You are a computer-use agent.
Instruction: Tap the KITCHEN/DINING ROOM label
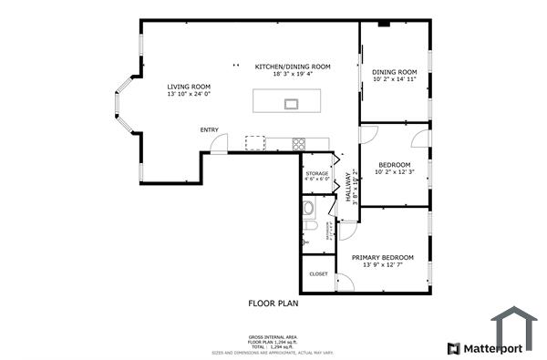click(x=292, y=67)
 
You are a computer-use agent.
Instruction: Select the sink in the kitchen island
click(x=291, y=103)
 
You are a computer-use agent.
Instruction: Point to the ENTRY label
click(x=209, y=129)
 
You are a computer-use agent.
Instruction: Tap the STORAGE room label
click(x=316, y=172)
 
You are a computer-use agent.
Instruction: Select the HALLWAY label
click(x=348, y=187)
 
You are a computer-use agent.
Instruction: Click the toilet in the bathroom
click(x=309, y=225)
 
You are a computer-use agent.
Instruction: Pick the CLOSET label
click(x=318, y=273)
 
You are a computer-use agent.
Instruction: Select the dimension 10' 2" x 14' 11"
click(x=395, y=79)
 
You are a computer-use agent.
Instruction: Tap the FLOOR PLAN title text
click(x=273, y=303)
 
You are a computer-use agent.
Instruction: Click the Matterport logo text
click(x=491, y=348)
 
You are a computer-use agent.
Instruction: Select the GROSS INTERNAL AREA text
click(x=273, y=336)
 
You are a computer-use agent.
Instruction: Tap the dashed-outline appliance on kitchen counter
click(x=254, y=142)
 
